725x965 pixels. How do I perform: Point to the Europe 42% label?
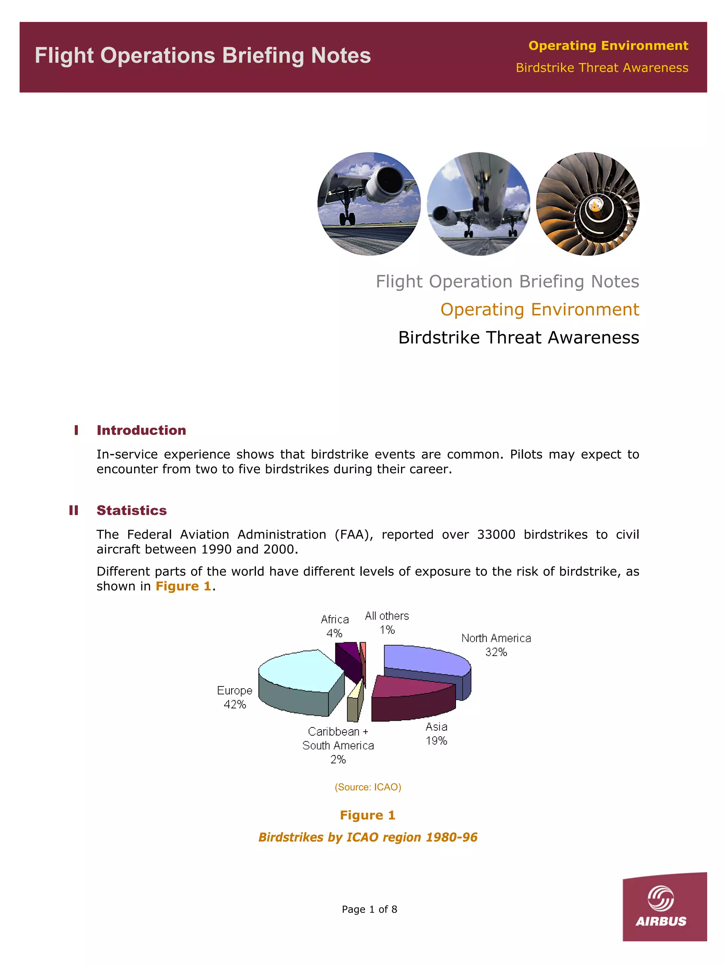coord(235,697)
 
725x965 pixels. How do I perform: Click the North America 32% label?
coord(496,645)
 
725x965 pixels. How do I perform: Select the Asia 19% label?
coord(436,733)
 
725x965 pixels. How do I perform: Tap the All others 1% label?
coord(387,623)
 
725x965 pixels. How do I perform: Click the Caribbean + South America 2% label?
coord(338,745)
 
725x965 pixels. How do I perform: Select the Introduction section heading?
coord(141,430)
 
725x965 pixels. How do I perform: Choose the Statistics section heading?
coord(132,510)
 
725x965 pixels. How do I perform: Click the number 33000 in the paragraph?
coord(496,535)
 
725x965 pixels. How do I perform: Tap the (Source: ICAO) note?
coord(368,787)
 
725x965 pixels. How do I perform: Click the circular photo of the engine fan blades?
coord(588,204)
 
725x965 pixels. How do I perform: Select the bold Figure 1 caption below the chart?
coord(368,815)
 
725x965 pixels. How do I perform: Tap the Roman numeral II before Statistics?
coord(74,510)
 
